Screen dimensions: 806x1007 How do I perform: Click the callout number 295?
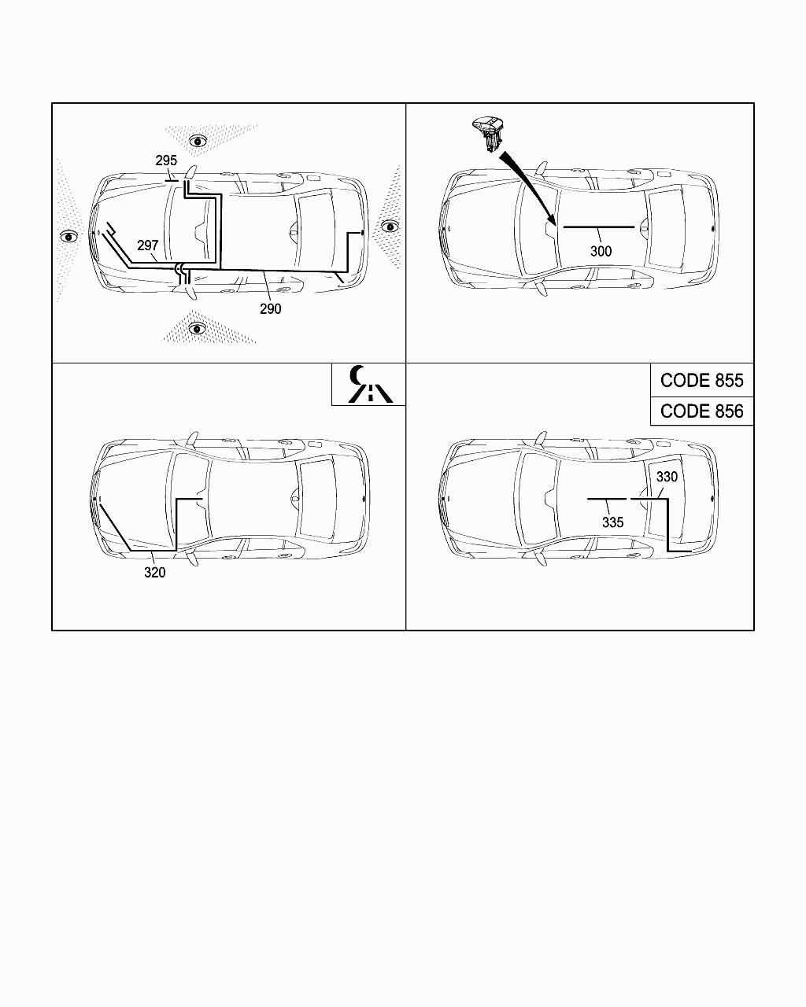pyautogui.click(x=166, y=160)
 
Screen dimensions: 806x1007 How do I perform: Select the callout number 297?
pyautogui.click(x=147, y=245)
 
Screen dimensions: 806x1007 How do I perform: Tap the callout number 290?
pyautogui.click(x=270, y=309)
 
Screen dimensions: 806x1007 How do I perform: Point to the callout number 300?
pyautogui.click(x=601, y=251)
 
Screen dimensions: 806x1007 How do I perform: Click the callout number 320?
pyautogui.click(x=154, y=572)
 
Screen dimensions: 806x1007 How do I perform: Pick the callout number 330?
pyautogui.click(x=667, y=477)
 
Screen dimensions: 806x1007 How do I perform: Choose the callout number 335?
pyautogui.click(x=612, y=522)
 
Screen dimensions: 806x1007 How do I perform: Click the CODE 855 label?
pyautogui.click(x=701, y=381)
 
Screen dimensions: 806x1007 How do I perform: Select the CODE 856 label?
pyautogui.click(x=701, y=411)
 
